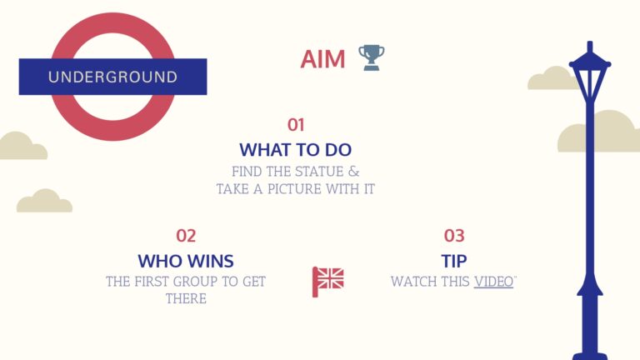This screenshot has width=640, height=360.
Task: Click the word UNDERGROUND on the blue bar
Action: (x=112, y=77)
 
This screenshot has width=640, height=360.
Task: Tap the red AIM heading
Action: (x=322, y=59)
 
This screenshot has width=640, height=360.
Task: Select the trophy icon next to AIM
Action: (x=372, y=57)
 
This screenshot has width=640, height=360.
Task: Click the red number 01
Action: (x=296, y=125)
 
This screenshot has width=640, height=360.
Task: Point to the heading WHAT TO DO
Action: (x=296, y=150)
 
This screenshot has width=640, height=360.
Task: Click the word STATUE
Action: (x=319, y=172)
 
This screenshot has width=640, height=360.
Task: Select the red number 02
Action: (x=186, y=236)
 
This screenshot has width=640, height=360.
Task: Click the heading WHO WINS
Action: (x=186, y=261)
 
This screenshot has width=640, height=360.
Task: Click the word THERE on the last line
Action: (x=186, y=299)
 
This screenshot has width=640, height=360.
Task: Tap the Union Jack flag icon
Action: (x=327, y=282)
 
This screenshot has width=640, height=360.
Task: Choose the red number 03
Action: (x=454, y=236)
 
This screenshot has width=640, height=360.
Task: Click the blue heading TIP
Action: (x=454, y=261)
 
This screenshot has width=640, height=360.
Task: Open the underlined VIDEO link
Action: (x=493, y=282)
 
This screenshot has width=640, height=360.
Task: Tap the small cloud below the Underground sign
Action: (x=44, y=201)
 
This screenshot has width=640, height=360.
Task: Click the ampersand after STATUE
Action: (x=353, y=172)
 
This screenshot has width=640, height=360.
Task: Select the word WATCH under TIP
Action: (x=408, y=282)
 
